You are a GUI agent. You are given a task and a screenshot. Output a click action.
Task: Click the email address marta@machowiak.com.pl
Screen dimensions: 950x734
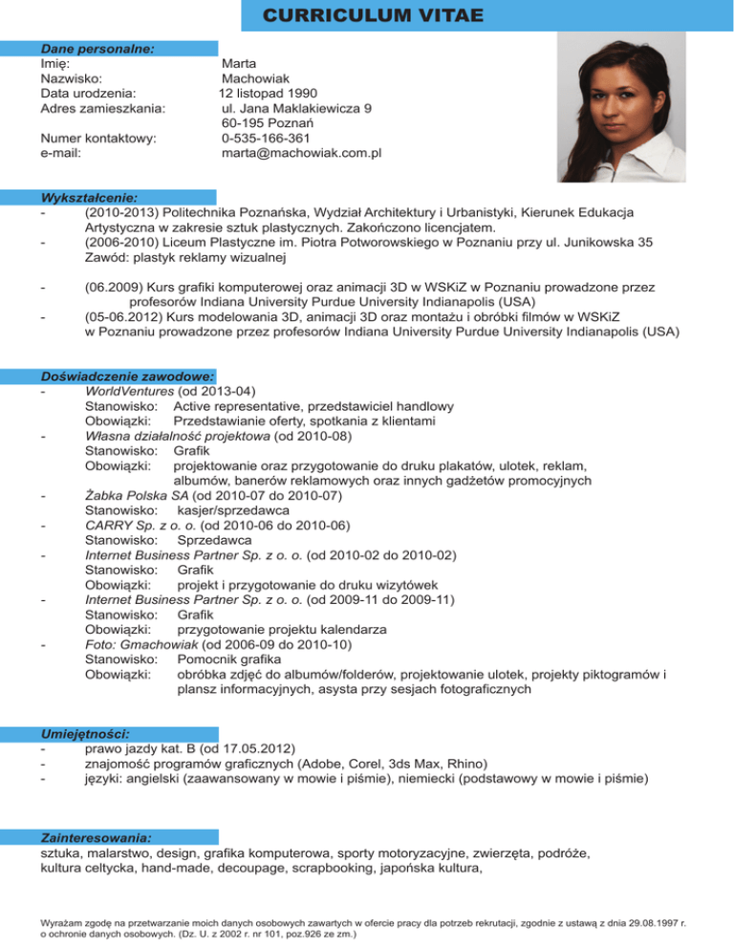point(301,152)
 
